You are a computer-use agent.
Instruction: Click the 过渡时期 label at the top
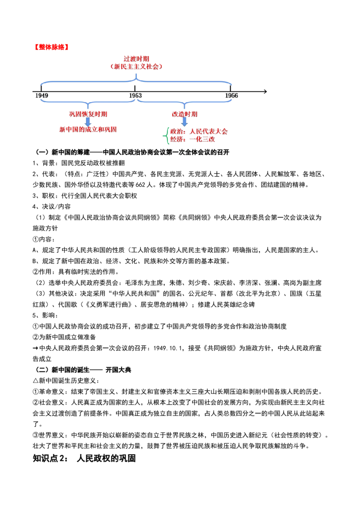[x=136, y=58]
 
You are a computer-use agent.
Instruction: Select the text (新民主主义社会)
[x=136, y=66]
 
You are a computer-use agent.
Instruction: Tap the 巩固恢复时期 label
[x=88, y=114]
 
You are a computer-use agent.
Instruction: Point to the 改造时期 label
[x=184, y=114]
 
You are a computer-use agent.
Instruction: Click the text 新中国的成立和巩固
[x=88, y=129]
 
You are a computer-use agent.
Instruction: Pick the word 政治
[x=177, y=131]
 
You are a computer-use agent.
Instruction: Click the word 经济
[x=177, y=139]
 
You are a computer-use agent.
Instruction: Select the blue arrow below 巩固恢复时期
[x=88, y=122]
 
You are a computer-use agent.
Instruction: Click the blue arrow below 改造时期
[x=184, y=122]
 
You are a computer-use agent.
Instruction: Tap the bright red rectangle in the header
[x=51, y=46]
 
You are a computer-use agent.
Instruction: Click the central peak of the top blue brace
[x=137, y=77]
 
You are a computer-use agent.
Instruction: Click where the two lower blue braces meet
[x=136, y=98]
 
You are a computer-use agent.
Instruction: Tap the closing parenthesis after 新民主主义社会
[x=160, y=66]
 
